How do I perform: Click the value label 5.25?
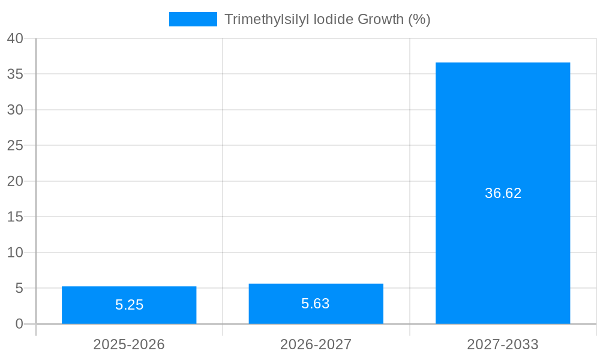pos(129,305)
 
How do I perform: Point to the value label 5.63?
pos(316,304)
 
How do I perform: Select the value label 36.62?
pos(503,193)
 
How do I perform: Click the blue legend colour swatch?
pos(193,19)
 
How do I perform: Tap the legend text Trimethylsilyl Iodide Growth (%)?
pos(327,19)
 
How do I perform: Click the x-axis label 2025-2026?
pos(129,344)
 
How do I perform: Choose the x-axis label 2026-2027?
pos(316,344)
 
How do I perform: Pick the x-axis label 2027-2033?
pos(503,344)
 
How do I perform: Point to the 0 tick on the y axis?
pos(19,324)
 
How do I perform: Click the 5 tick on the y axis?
pos(19,288)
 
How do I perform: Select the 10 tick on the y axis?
pos(15,253)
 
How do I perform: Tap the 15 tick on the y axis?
pos(15,217)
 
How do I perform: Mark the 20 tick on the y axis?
pos(15,181)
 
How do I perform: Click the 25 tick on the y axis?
pos(15,145)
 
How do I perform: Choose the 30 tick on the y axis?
pos(15,110)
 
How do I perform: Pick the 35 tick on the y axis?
pos(15,74)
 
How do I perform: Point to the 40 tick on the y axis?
pos(15,38)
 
